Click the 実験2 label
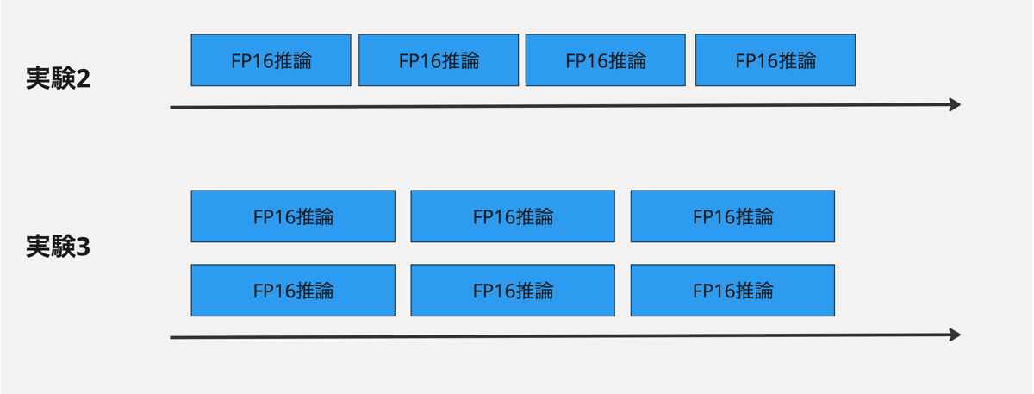pos(58,79)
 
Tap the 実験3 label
pos(58,247)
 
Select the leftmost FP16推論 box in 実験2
pos(271,60)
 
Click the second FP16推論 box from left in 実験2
pos(439,60)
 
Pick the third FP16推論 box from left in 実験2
pos(605,60)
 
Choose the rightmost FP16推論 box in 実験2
pos(775,60)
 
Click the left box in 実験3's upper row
pos(293,216)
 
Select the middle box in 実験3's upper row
pos(513,216)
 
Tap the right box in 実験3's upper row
pos(732,216)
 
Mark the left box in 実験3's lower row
pos(293,291)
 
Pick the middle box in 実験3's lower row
pos(513,291)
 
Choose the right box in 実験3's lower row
pos(732,291)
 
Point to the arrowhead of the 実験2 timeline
pos(955,105)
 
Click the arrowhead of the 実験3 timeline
pos(955,335)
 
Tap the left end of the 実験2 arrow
pos(172,108)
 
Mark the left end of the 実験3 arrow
pos(172,337)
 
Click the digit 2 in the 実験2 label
pos(83,79)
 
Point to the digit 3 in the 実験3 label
pos(83,247)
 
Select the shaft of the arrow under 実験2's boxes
pos(560,106)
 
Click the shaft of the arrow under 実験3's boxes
pos(560,336)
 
